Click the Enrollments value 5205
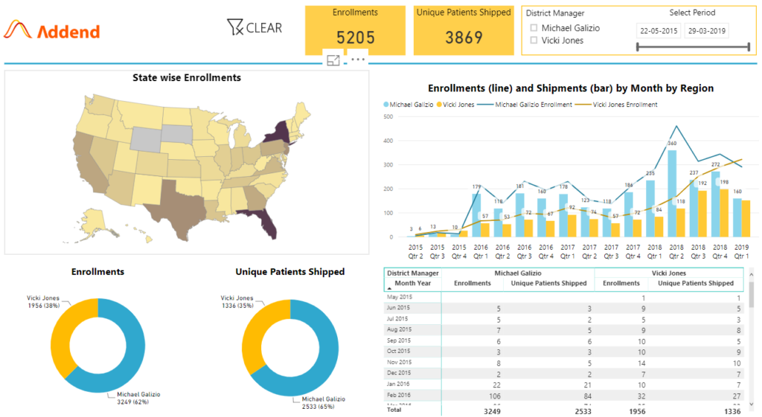[355, 38]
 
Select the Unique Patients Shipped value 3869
[464, 38]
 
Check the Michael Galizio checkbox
[534, 28]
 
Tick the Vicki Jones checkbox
[534, 41]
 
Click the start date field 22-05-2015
[659, 31]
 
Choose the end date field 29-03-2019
[707, 31]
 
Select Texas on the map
[173, 201]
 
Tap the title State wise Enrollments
[186, 77]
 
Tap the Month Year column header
[412, 283]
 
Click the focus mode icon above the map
[333, 60]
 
